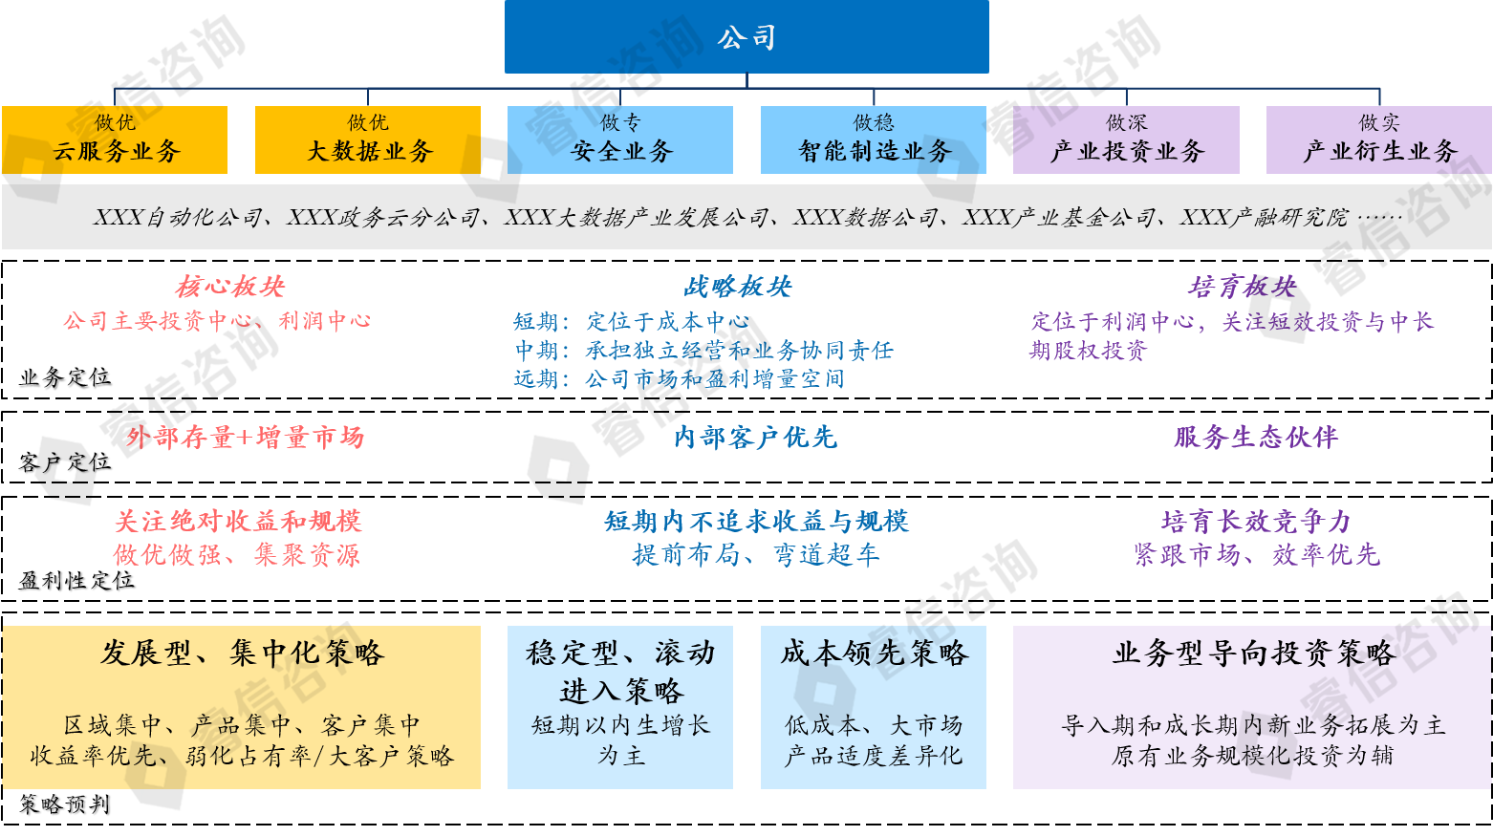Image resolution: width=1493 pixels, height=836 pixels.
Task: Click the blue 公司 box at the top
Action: (746, 37)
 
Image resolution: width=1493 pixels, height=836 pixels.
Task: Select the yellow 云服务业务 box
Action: (115, 139)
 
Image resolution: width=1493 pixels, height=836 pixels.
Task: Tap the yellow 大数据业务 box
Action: (368, 139)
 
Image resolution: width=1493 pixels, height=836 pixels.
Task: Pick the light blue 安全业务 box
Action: (620, 139)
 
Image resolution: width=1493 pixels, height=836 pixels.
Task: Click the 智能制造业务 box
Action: (874, 139)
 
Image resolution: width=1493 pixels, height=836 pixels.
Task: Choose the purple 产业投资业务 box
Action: (1126, 139)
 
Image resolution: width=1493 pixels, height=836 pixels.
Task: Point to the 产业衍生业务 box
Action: (1379, 139)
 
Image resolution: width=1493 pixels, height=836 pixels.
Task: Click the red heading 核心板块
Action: (229, 287)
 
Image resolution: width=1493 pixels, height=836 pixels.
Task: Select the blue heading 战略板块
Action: (737, 287)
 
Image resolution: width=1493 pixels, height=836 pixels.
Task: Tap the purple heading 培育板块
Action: (1242, 287)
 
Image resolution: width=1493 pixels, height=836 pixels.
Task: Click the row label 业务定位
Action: (65, 377)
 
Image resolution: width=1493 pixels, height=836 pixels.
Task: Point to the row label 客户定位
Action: (65, 462)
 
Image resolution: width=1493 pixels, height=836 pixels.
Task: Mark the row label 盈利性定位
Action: (76, 580)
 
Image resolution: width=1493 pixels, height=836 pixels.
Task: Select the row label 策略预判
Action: (65, 804)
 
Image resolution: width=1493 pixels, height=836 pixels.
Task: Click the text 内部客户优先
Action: (755, 438)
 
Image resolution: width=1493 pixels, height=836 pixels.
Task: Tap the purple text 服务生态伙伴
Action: (1256, 438)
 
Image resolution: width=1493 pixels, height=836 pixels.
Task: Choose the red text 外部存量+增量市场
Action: (245, 438)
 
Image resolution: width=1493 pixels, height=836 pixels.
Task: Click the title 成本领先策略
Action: (874, 654)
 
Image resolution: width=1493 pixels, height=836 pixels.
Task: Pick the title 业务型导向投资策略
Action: (1253, 654)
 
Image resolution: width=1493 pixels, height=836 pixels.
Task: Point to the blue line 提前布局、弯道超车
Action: (755, 555)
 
